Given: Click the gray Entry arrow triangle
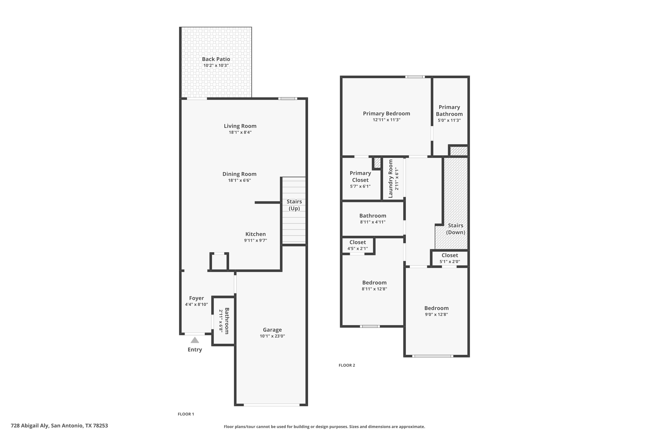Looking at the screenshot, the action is pos(195,340).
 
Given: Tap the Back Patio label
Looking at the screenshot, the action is pos(216,59).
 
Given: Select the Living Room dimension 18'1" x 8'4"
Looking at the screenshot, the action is pos(240,132).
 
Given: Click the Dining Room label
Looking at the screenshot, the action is pos(239,174).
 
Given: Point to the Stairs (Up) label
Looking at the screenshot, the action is pos(294,205).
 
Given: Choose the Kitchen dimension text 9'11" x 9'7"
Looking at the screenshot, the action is pos(255,241).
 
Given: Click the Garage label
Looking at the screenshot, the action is pos(272,330).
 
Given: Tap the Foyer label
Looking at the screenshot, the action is pos(196,298).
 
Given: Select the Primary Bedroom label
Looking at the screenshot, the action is pos(386,113).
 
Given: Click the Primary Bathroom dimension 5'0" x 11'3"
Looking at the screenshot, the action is pos(449,120).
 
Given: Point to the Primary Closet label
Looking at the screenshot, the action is pos(360,176).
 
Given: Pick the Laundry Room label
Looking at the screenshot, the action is pos(390,179).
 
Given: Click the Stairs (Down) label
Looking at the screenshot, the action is pos(456,229).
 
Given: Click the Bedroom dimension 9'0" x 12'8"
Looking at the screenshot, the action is pos(437,315).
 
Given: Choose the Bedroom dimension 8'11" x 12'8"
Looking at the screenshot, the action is pos(374,289).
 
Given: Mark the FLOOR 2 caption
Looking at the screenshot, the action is pos(347,365).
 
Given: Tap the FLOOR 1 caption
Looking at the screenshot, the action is pos(186,414).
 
